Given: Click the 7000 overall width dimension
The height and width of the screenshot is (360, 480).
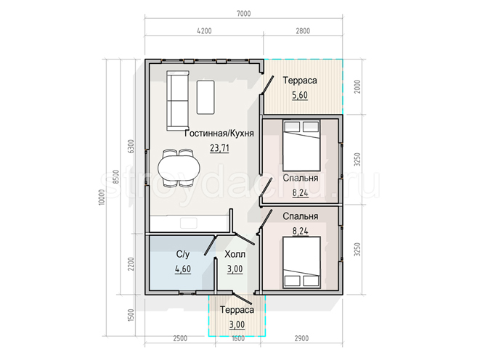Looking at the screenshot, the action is pyautogui.click(x=244, y=14).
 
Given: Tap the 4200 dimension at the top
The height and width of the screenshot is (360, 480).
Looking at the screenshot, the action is pyautogui.click(x=204, y=31).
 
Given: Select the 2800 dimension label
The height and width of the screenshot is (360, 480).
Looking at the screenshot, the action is pyautogui.click(x=303, y=31).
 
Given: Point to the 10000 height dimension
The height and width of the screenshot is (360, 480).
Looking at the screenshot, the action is pyautogui.click(x=102, y=197).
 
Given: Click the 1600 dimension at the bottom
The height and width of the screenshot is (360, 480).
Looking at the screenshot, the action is pyautogui.click(x=238, y=338).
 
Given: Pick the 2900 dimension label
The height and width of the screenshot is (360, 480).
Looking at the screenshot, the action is pyautogui.click(x=301, y=338).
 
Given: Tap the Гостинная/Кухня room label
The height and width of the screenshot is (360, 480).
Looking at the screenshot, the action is pyautogui.click(x=219, y=134).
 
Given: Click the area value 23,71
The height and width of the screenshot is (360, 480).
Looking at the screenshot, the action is pyautogui.click(x=219, y=148).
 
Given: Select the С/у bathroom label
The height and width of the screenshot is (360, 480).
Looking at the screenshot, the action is pyautogui.click(x=183, y=254).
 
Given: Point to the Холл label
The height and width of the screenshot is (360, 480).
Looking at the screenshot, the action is pyautogui.click(x=235, y=254).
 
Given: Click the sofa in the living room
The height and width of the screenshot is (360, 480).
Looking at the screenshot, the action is pyautogui.click(x=178, y=101).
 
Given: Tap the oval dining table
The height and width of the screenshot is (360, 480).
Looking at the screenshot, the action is pyautogui.click(x=179, y=168).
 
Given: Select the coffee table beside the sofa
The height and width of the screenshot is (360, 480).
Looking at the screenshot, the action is pyautogui.click(x=206, y=97).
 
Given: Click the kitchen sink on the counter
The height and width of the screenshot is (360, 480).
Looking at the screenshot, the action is pyautogui.click(x=188, y=223).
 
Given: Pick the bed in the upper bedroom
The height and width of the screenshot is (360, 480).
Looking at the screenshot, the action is pyautogui.click(x=301, y=145).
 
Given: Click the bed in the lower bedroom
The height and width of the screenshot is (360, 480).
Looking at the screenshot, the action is pyautogui.click(x=301, y=262).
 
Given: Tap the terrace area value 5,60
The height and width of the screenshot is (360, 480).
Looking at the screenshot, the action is pyautogui.click(x=300, y=95).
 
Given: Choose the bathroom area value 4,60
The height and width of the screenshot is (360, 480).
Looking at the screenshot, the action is pyautogui.click(x=183, y=269).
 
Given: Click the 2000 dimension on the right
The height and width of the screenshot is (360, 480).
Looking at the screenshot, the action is pyautogui.click(x=357, y=86).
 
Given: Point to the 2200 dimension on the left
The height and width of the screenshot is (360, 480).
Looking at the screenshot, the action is pyautogui.click(x=131, y=264).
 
